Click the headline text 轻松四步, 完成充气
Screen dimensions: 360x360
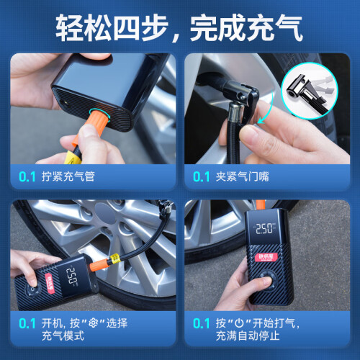point(179,27)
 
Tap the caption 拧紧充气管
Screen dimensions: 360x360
point(68,176)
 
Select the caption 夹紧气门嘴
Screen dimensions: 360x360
point(242,176)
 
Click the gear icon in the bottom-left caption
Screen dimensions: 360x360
point(93,323)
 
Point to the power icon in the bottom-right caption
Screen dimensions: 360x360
point(239,323)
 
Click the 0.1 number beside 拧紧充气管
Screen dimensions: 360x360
point(27,176)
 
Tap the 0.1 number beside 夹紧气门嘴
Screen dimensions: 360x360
point(201,176)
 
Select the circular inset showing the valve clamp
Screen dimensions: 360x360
point(310,91)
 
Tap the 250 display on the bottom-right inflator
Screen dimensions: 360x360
point(264,228)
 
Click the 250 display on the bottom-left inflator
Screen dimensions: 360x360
point(71,276)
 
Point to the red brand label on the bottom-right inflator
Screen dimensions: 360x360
point(266,257)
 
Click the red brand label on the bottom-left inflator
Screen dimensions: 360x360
point(50,283)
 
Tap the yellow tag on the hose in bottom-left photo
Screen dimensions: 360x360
point(114,258)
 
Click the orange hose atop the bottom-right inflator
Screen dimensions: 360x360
point(261,204)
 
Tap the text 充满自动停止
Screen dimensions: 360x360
point(248,336)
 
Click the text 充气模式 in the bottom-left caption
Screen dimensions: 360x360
point(63,336)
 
